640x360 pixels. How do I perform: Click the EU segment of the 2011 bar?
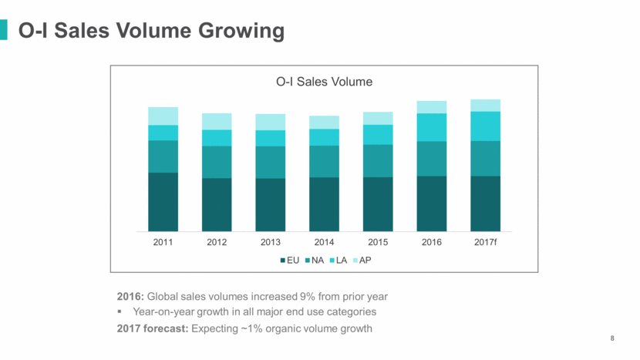(x=163, y=201)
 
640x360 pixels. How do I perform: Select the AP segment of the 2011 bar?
(x=163, y=116)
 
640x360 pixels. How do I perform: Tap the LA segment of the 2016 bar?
(x=432, y=127)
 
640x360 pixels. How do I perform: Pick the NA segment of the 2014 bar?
(x=324, y=161)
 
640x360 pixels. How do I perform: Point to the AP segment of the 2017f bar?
(x=485, y=106)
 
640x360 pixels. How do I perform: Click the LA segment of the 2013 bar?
(x=271, y=138)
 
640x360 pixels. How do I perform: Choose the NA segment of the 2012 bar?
(x=217, y=162)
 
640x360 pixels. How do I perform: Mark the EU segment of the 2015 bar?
(x=378, y=204)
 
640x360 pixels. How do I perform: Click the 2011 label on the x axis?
(x=163, y=242)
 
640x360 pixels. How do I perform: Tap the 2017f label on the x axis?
(x=485, y=242)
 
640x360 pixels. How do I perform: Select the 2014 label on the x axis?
(x=324, y=242)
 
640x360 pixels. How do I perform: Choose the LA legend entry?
(x=340, y=261)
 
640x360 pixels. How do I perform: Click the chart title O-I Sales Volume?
(x=324, y=80)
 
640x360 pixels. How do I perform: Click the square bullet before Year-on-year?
(x=121, y=312)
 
